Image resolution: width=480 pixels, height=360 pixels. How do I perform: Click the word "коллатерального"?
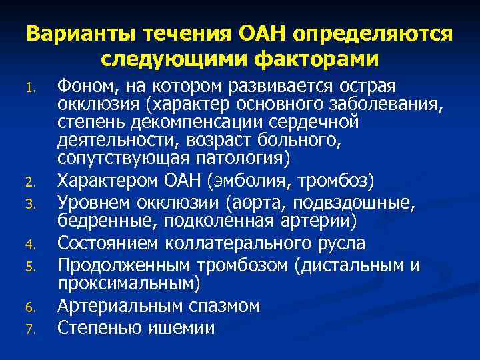pyautogui.click(x=224, y=243)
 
